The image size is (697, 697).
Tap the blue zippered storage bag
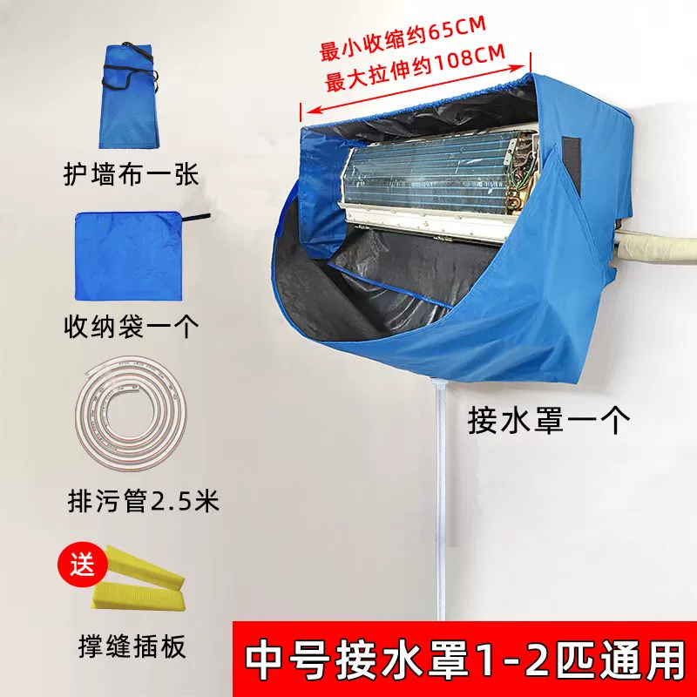(129, 256)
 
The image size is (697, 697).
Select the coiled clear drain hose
(131, 413)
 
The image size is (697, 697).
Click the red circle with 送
(82, 565)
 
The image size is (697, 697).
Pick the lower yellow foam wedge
(138, 598)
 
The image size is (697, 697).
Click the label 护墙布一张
(131, 175)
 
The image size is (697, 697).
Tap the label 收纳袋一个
(132, 328)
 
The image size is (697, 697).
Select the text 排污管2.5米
(143, 501)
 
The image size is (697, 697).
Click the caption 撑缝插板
(132, 646)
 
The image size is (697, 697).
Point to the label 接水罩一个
(549, 420)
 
